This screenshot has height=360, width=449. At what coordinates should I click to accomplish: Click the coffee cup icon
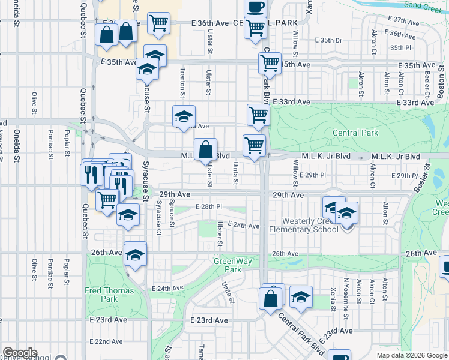tap(255, 7)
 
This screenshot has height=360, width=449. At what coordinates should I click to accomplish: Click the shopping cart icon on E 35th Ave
tap(270, 62)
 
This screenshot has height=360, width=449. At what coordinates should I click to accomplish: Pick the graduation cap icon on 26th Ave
tap(135, 254)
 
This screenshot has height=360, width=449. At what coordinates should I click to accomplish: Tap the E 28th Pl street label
tap(209, 206)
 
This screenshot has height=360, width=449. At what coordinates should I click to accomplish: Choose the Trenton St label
tap(182, 82)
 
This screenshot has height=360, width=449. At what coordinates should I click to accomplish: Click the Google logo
tap(20, 353)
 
